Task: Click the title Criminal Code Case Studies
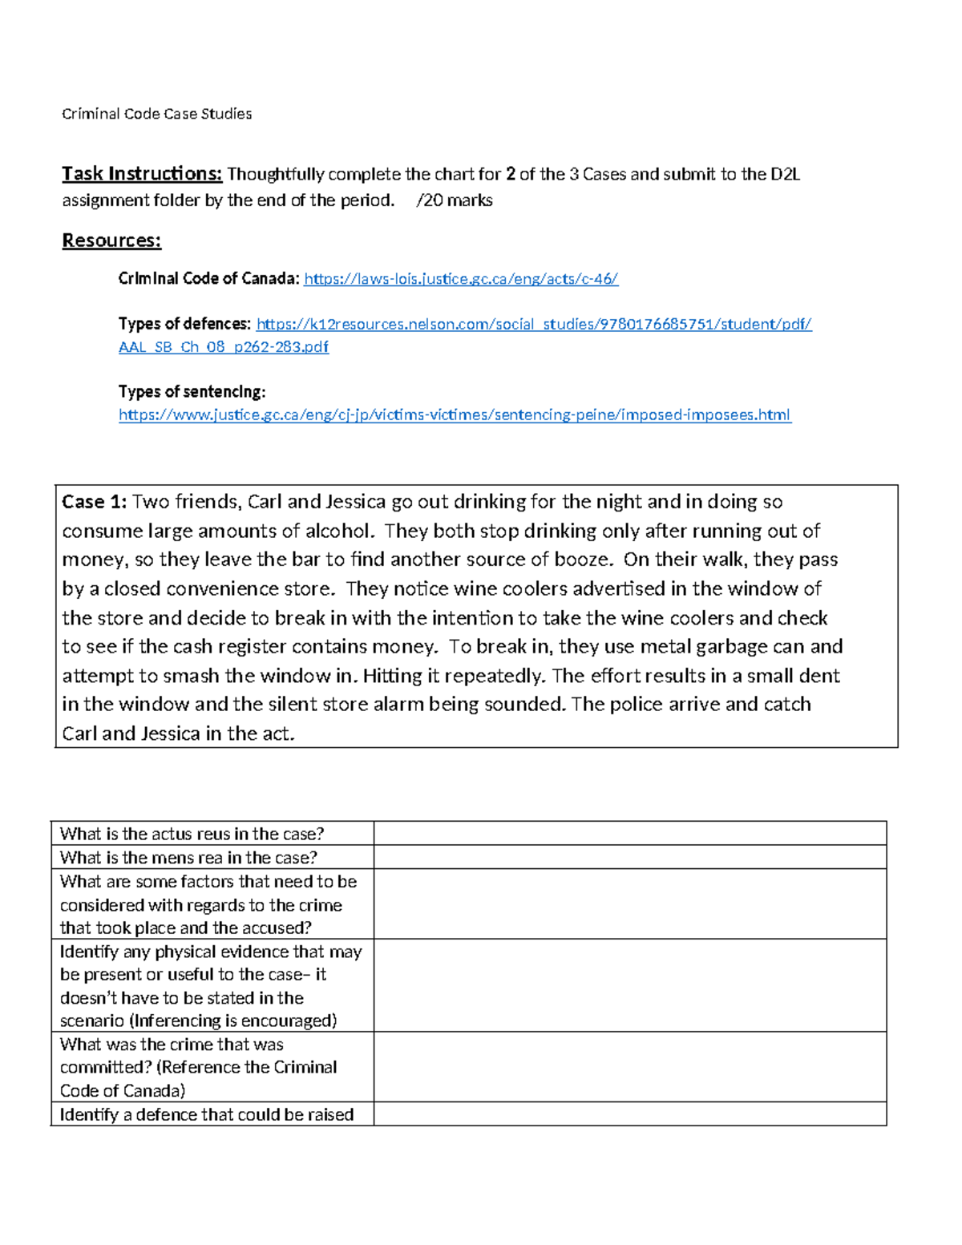click(157, 114)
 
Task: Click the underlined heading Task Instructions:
click(142, 174)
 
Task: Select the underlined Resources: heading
click(111, 241)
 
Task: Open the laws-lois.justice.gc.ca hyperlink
click(461, 279)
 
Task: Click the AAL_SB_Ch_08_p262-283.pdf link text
click(223, 347)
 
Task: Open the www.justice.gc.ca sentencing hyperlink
click(455, 415)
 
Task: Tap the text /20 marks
click(455, 200)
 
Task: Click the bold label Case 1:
click(94, 502)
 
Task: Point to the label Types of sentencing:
click(192, 392)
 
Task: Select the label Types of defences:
click(184, 324)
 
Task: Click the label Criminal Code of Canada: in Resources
click(208, 279)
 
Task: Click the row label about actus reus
click(192, 834)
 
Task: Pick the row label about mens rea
click(188, 858)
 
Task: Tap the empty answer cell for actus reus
click(629, 834)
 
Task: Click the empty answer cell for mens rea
click(629, 858)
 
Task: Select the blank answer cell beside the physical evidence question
click(629, 985)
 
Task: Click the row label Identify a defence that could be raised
click(207, 1114)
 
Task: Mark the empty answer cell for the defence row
click(629, 1114)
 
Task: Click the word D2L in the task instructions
click(785, 174)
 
